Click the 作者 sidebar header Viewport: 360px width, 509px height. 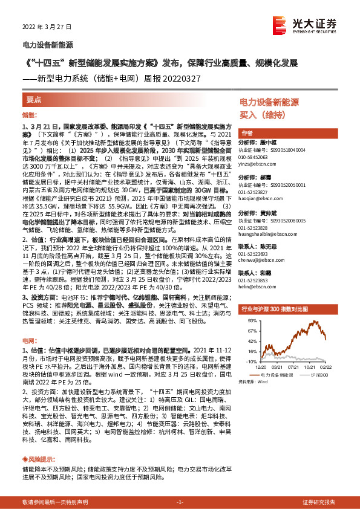coord(246,133)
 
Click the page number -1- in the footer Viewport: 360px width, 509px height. coord(180,503)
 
